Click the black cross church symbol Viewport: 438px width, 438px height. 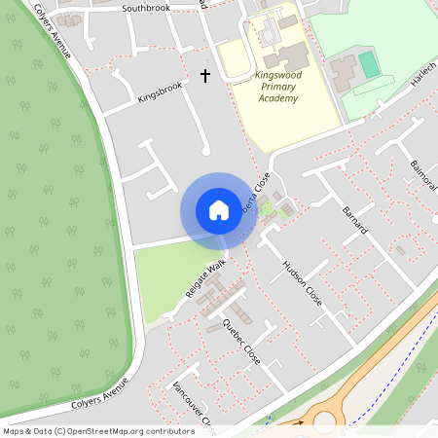205,74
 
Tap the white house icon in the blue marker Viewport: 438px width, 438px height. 219,209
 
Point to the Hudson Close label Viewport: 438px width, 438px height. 301,282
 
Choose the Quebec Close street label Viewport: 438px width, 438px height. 241,341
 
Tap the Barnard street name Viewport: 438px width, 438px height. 356,220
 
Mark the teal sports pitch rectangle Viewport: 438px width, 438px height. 369,66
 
